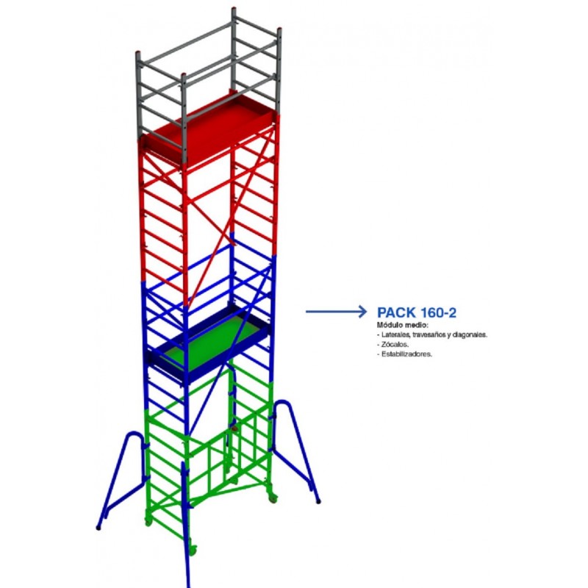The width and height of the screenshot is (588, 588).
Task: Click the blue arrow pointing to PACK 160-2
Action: [x=337, y=312]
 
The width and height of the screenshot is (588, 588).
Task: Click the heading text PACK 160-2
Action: [x=417, y=312]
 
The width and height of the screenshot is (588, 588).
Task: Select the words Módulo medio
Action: [x=402, y=325]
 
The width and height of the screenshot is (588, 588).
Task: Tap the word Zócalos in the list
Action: [x=395, y=344]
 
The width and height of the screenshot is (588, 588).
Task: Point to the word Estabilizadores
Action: [x=407, y=354]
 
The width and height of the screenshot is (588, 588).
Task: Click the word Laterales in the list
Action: [x=395, y=334]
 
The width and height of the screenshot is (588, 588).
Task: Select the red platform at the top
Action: [x=210, y=127]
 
